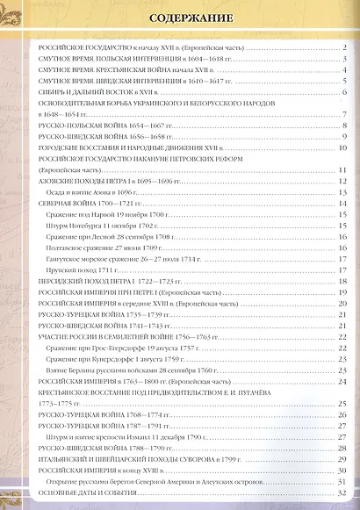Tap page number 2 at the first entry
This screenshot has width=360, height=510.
344,47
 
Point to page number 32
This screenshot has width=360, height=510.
342,492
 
